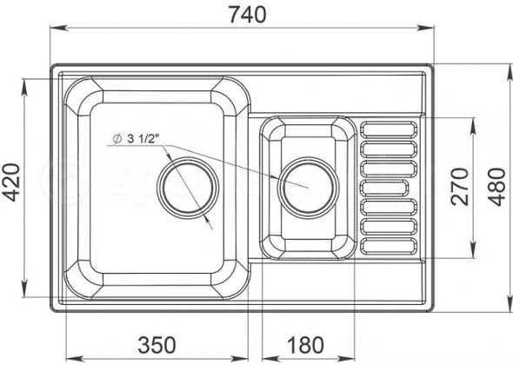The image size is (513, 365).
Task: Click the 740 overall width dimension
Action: [248, 15]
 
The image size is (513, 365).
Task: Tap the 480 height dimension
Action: [497, 187]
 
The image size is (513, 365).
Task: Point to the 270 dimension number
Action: [460, 187]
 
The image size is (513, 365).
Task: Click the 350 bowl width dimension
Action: [157, 345]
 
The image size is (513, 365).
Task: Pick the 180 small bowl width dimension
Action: [306, 345]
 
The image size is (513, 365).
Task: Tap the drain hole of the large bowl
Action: [188, 188]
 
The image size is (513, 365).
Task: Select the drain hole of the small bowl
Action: [308, 188]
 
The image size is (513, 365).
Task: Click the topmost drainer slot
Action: [389, 129]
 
